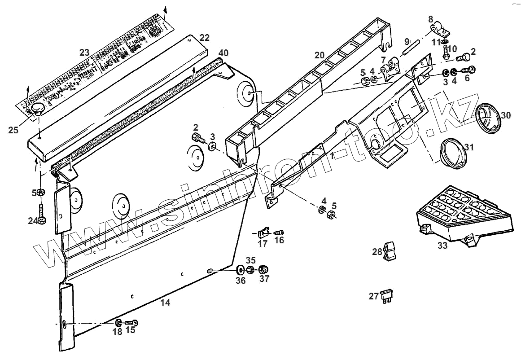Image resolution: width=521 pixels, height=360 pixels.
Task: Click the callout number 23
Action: [84, 53]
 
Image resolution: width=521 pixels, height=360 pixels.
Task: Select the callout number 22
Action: [205, 37]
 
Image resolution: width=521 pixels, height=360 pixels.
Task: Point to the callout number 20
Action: [319, 55]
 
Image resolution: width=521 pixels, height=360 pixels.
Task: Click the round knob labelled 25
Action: [37, 109]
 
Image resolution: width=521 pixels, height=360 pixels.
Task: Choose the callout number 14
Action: [165, 303]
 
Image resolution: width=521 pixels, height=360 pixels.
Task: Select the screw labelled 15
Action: [131, 323]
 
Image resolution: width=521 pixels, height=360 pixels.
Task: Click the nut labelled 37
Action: [264, 270]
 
